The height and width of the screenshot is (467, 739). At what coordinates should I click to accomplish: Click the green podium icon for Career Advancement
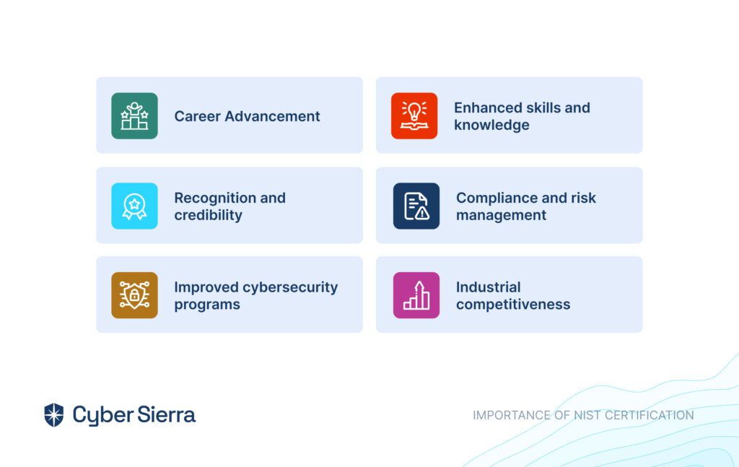tap(134, 116)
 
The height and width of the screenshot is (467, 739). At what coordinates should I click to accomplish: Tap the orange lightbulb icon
tap(414, 116)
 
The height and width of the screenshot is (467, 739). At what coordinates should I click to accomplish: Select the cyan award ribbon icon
tap(134, 206)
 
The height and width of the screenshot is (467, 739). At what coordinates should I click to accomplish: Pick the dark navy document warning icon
tap(416, 206)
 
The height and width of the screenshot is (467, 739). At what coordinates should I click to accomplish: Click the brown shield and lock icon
tap(134, 295)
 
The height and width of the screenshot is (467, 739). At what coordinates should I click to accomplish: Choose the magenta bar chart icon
tap(416, 295)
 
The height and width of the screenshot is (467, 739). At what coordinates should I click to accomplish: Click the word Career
tap(197, 116)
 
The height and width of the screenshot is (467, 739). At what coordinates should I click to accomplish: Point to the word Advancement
tap(272, 116)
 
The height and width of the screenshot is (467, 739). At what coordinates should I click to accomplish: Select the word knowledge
tap(491, 126)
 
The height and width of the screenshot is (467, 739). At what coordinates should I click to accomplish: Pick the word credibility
tap(209, 215)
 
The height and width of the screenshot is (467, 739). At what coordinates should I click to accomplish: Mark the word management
tap(501, 215)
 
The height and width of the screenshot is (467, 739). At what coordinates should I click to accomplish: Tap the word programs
tap(207, 305)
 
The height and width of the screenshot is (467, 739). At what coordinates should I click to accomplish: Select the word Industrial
tap(489, 287)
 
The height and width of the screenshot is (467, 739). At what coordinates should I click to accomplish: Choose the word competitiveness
tap(513, 305)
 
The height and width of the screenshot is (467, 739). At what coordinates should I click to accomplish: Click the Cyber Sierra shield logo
tap(53, 415)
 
